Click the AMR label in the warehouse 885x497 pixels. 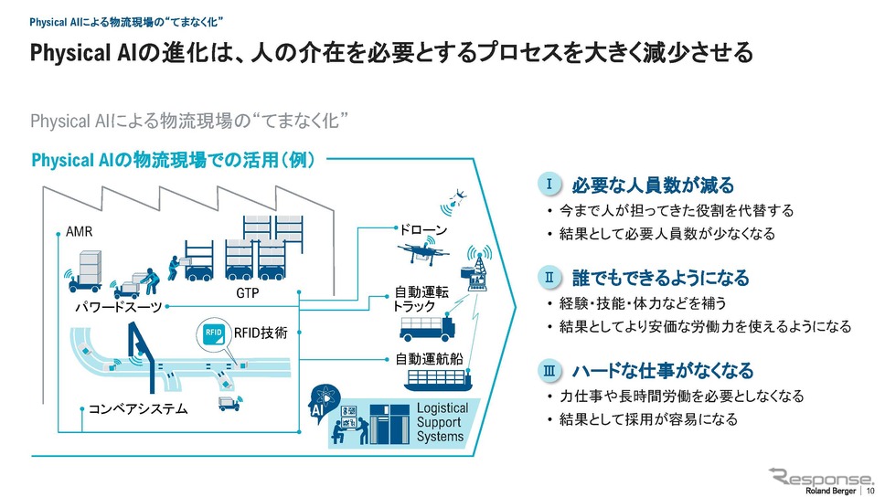79,231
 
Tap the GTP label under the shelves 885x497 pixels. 247,293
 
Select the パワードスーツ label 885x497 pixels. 119,308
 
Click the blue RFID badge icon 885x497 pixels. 213,333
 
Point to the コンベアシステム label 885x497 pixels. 138,409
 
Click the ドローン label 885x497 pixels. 423,230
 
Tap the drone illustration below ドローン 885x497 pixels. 422,253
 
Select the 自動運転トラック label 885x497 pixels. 421,299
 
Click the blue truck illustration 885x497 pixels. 427,328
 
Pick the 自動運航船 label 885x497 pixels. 430,359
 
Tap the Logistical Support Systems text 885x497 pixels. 442,422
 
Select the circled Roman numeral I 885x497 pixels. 549,184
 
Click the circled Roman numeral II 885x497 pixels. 549,277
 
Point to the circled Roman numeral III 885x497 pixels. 549,371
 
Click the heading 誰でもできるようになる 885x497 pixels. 661,278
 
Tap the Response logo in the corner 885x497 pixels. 821,477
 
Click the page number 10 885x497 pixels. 870,492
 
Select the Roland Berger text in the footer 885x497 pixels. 830,492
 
